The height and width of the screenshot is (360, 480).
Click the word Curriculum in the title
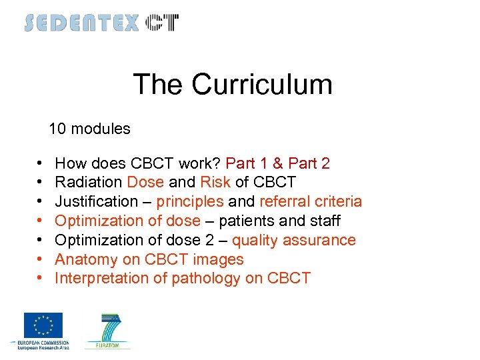tap(262, 85)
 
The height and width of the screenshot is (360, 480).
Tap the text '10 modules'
tap(90, 129)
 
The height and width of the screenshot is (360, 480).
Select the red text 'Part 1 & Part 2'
tap(277, 163)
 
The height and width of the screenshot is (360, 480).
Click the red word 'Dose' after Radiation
tap(145, 183)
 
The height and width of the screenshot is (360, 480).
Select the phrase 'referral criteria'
tap(311, 201)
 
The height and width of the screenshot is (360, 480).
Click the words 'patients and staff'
tap(279, 221)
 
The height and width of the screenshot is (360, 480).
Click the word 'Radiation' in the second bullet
tap(88, 183)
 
